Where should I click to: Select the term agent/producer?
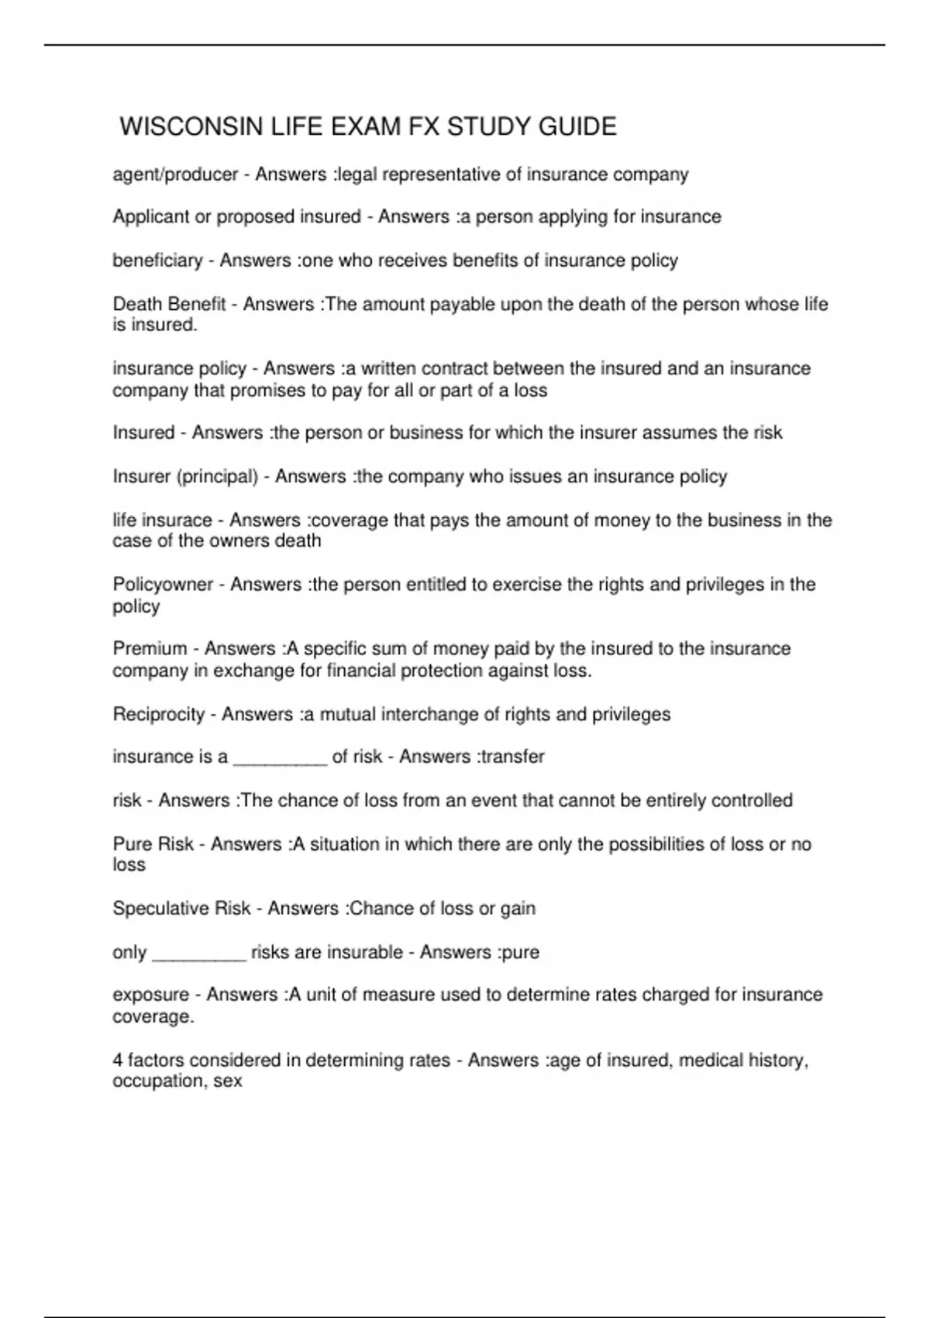coord(175,174)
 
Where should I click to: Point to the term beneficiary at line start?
coord(157,260)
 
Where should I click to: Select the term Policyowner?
coord(163,585)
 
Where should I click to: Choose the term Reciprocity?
coord(159,714)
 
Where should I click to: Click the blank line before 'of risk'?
coord(280,758)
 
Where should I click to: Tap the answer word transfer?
coord(512,757)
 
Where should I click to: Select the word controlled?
coord(752,800)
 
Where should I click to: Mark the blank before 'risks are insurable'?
coord(199,954)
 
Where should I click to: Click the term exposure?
coord(150,995)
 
